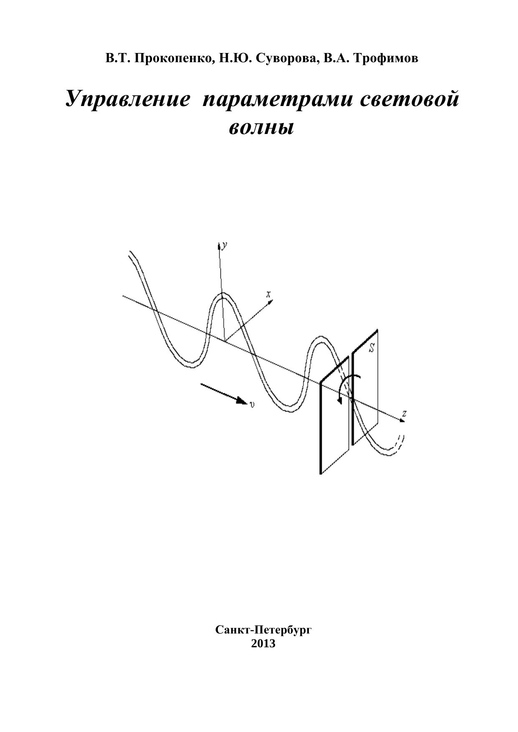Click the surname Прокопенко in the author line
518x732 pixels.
tap(175, 59)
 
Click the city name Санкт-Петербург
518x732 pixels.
tap(263, 630)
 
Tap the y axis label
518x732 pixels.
tap(225, 246)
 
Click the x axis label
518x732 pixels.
tap(269, 294)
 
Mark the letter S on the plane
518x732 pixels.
tap(371, 347)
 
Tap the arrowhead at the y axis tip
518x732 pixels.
tap(219, 245)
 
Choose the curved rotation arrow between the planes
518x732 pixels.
tap(346, 386)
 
